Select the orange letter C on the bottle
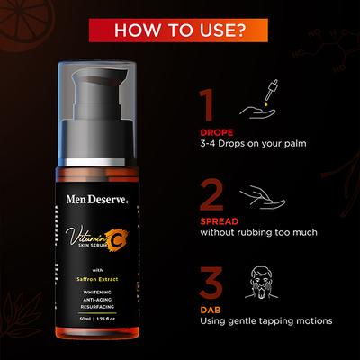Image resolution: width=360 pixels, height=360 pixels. coord(116,240)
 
